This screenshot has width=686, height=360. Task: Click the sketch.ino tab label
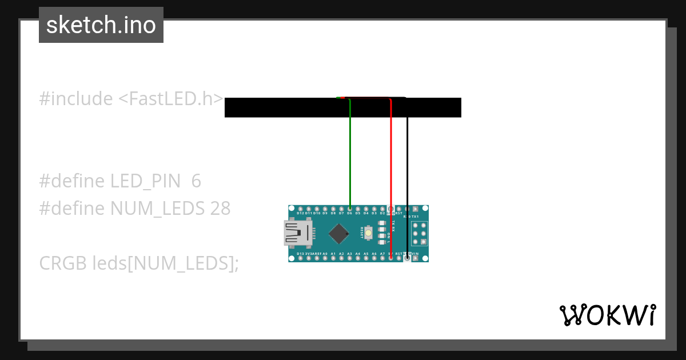tap(101, 25)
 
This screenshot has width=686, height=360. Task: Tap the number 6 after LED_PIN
tap(196, 181)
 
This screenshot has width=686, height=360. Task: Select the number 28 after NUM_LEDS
tap(220, 209)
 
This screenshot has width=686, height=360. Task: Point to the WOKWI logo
tap(607, 315)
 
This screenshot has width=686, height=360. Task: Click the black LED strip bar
tap(286, 108)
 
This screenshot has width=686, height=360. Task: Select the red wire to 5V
tap(390, 171)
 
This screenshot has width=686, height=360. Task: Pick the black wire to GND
tap(407, 171)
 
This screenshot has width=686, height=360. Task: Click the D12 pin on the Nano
tap(301, 209)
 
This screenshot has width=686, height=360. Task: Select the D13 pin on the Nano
tap(301, 258)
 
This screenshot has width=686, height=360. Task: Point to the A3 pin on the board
tap(349, 258)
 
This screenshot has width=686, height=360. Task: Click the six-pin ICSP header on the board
tap(420, 233)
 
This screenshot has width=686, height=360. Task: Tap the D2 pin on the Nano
tap(382, 209)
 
